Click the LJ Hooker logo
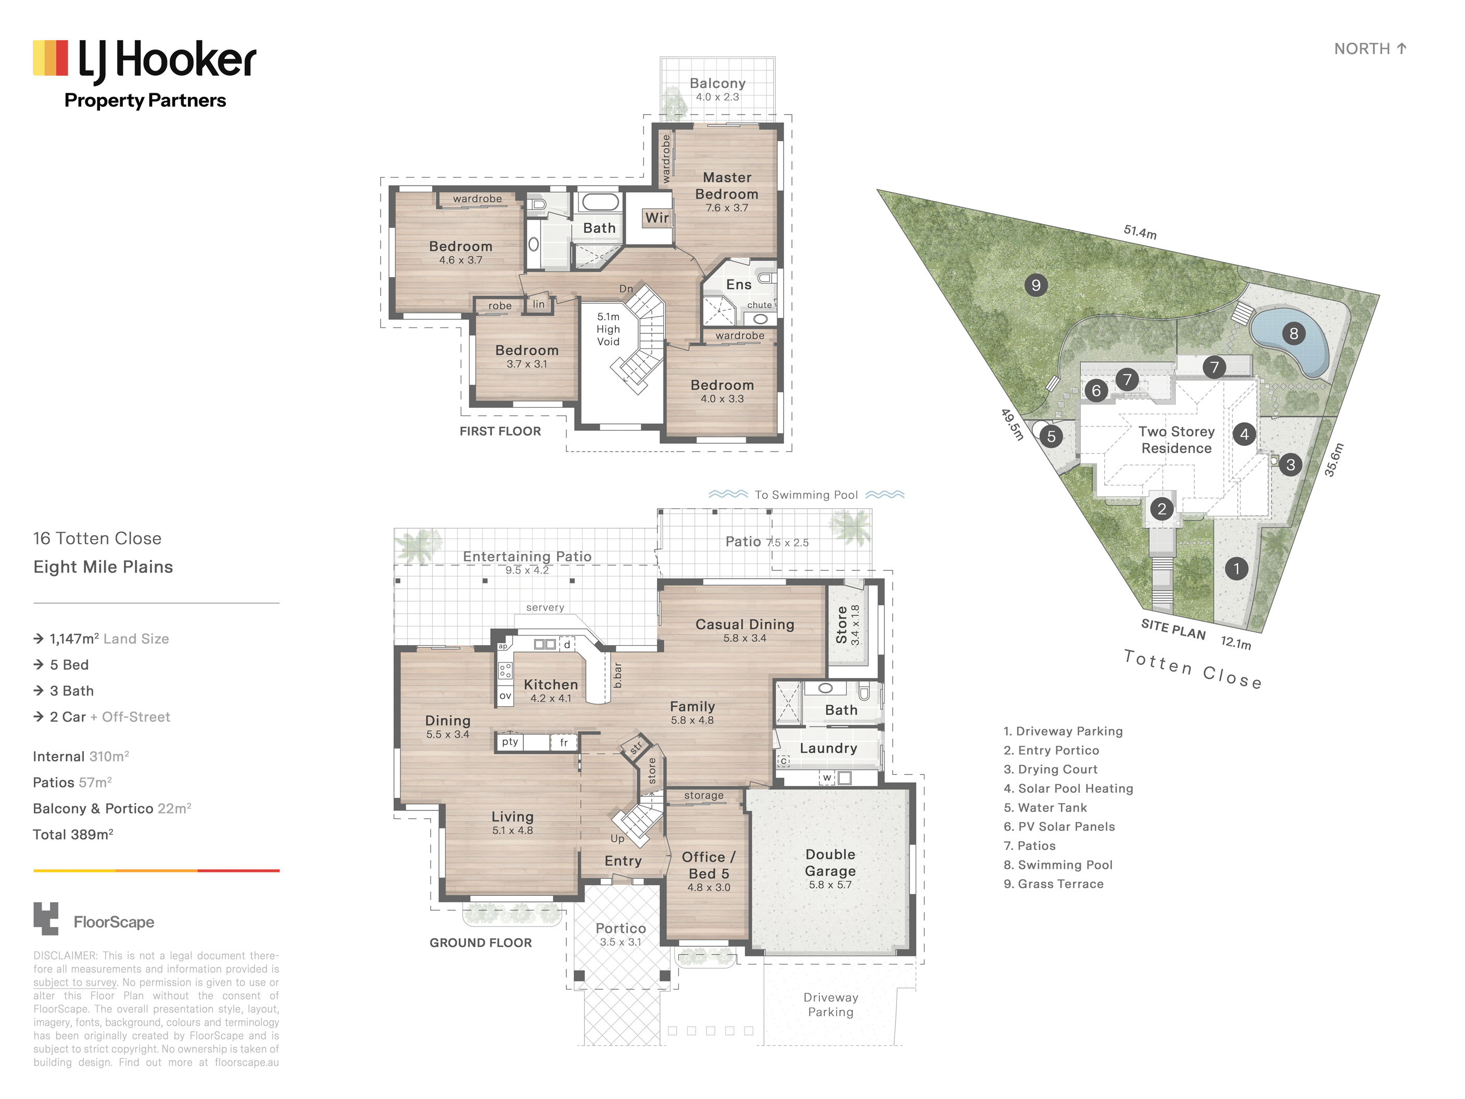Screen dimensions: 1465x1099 [x=144, y=73]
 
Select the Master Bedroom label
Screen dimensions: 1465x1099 [x=727, y=185]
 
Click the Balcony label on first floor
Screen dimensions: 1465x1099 [x=717, y=83]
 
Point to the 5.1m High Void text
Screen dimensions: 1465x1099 [x=608, y=329]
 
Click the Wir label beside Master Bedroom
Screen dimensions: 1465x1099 [x=657, y=217]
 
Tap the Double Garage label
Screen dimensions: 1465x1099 [x=830, y=863]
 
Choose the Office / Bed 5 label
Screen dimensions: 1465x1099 [x=709, y=865]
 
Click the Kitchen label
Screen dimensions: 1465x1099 [x=551, y=684]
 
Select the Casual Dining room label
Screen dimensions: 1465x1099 [x=745, y=624]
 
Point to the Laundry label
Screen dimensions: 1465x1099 [x=828, y=748]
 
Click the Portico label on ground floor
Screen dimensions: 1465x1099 [x=621, y=928]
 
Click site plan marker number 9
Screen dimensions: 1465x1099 [x=1036, y=285]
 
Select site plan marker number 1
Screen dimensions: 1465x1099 [x=1236, y=568]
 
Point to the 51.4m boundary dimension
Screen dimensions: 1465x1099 [x=1140, y=232]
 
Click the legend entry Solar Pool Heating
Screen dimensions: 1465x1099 [x=1068, y=789]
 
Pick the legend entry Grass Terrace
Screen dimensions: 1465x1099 [x=1054, y=884]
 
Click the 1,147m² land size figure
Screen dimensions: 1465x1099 [x=74, y=639]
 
